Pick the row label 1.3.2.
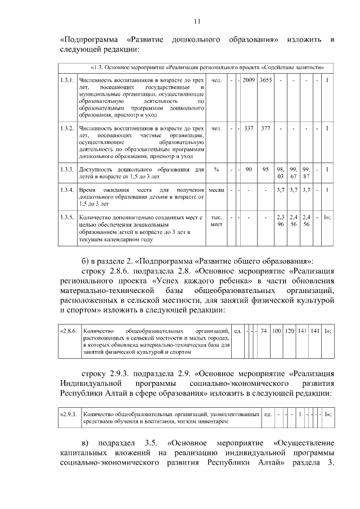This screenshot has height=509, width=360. pos(67,129)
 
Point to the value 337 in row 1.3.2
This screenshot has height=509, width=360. pos(249,129)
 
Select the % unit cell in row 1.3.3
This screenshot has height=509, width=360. pos(217,169)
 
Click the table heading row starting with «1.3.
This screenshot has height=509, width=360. pos(197,67)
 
